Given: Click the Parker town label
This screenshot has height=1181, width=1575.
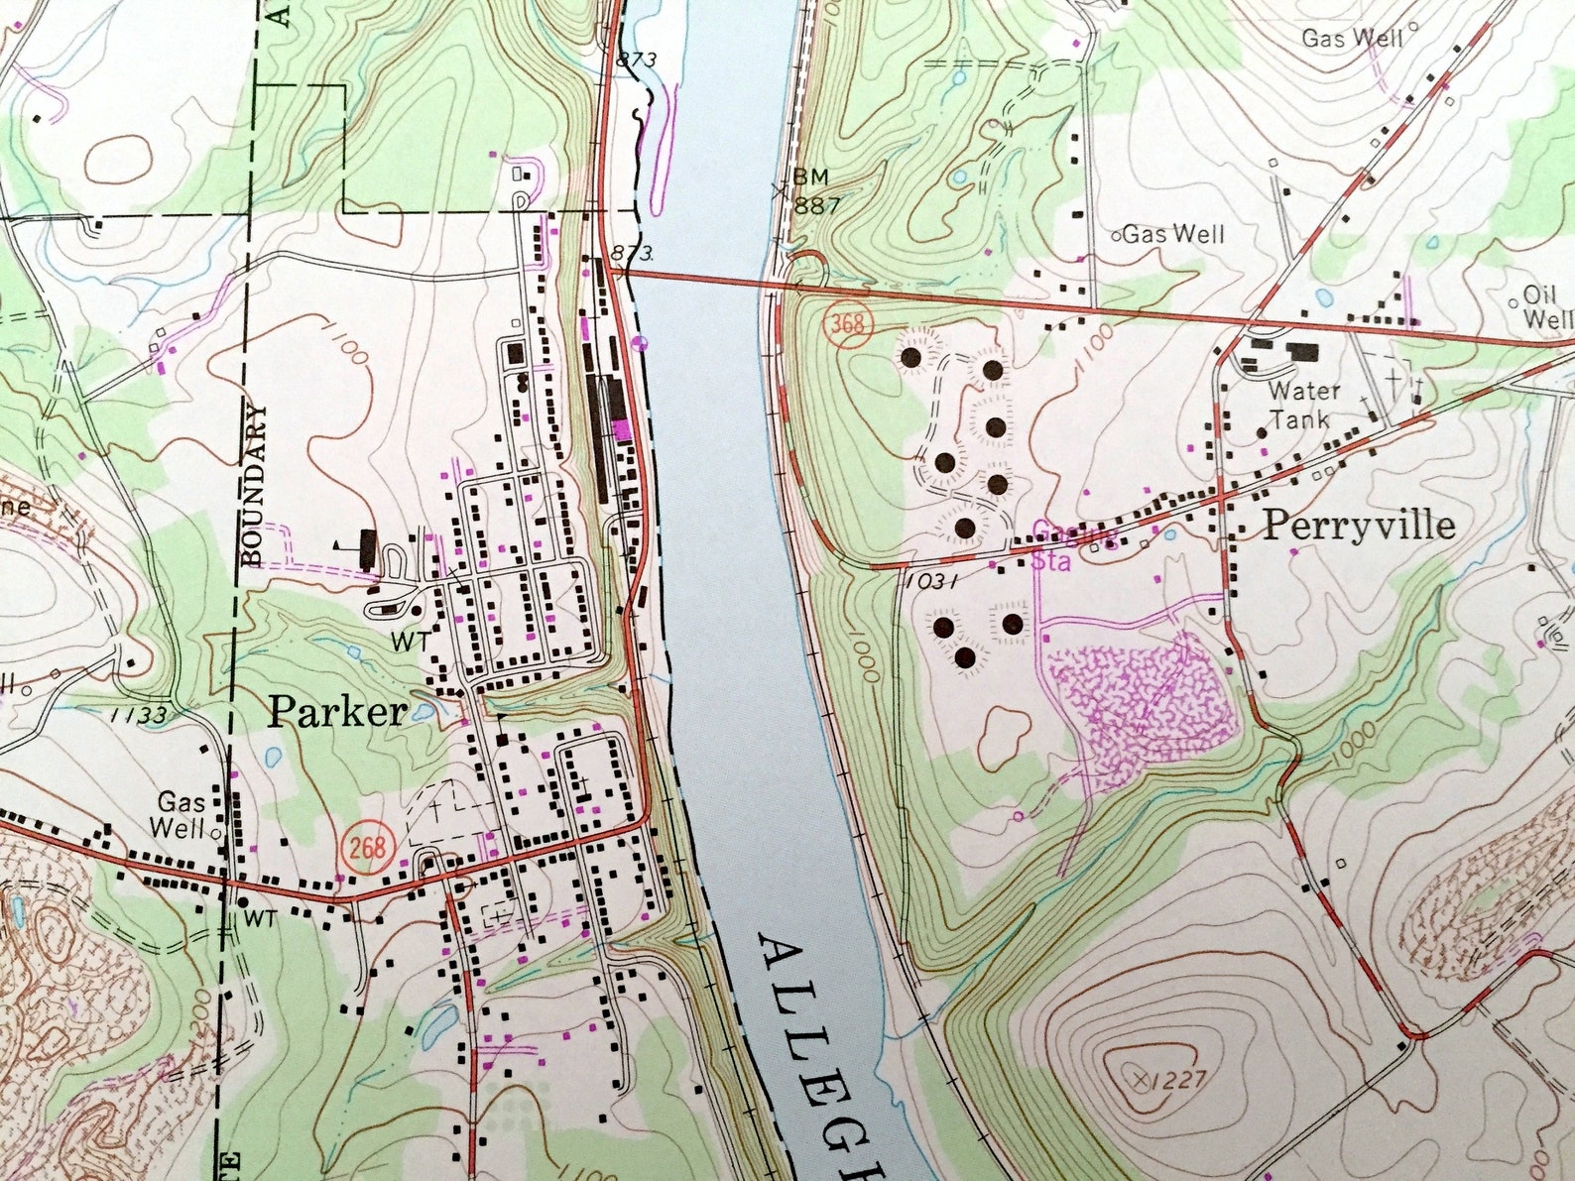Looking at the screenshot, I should (x=337, y=712).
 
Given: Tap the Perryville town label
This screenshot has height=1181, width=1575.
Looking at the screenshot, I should (x=1358, y=526).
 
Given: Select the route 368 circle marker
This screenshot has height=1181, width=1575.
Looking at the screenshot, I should (x=848, y=324).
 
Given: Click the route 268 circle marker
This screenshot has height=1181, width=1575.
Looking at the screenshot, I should (x=366, y=848).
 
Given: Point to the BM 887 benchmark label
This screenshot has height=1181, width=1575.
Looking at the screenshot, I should (x=815, y=192).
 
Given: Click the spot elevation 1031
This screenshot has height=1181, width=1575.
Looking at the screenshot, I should (x=931, y=583).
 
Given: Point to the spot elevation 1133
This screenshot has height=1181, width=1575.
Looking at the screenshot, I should (x=139, y=714).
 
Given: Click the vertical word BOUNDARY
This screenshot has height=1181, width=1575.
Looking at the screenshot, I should (x=256, y=485).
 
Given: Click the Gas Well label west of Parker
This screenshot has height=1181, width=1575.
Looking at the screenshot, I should (x=181, y=814).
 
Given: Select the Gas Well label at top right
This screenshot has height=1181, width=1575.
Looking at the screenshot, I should (x=1352, y=39).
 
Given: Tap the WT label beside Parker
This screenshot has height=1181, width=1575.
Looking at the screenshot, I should (x=410, y=642).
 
